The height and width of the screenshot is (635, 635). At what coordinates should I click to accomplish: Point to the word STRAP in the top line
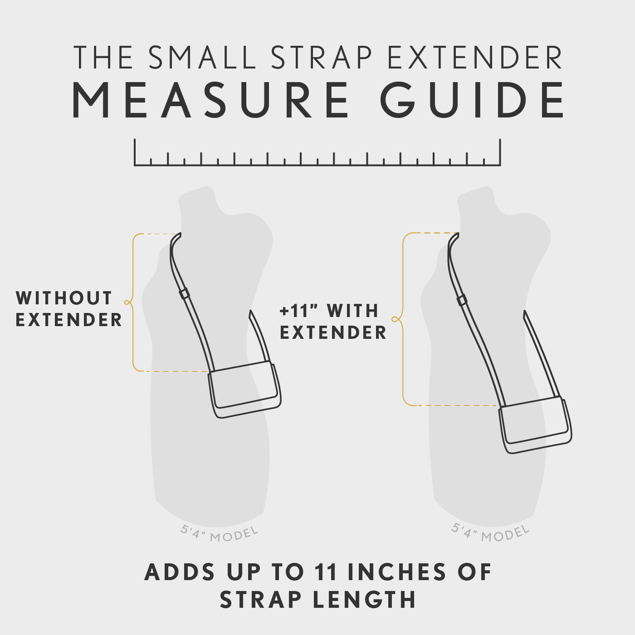click(322, 58)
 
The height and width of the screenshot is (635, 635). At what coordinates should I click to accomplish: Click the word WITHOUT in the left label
click(64, 298)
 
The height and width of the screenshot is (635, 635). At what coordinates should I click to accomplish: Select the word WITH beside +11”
click(353, 311)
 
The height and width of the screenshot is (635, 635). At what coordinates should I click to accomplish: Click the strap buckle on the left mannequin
click(184, 293)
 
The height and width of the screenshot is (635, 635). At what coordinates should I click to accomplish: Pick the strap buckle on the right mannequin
click(462, 300)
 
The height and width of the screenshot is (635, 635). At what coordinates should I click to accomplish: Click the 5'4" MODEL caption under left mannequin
click(220, 534)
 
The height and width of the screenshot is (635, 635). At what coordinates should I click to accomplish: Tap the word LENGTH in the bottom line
click(364, 600)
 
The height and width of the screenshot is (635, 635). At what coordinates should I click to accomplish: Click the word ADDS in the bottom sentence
click(180, 572)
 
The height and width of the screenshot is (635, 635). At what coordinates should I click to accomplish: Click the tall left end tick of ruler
click(135, 152)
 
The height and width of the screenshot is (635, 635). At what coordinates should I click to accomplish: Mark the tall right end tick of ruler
click(500, 152)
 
